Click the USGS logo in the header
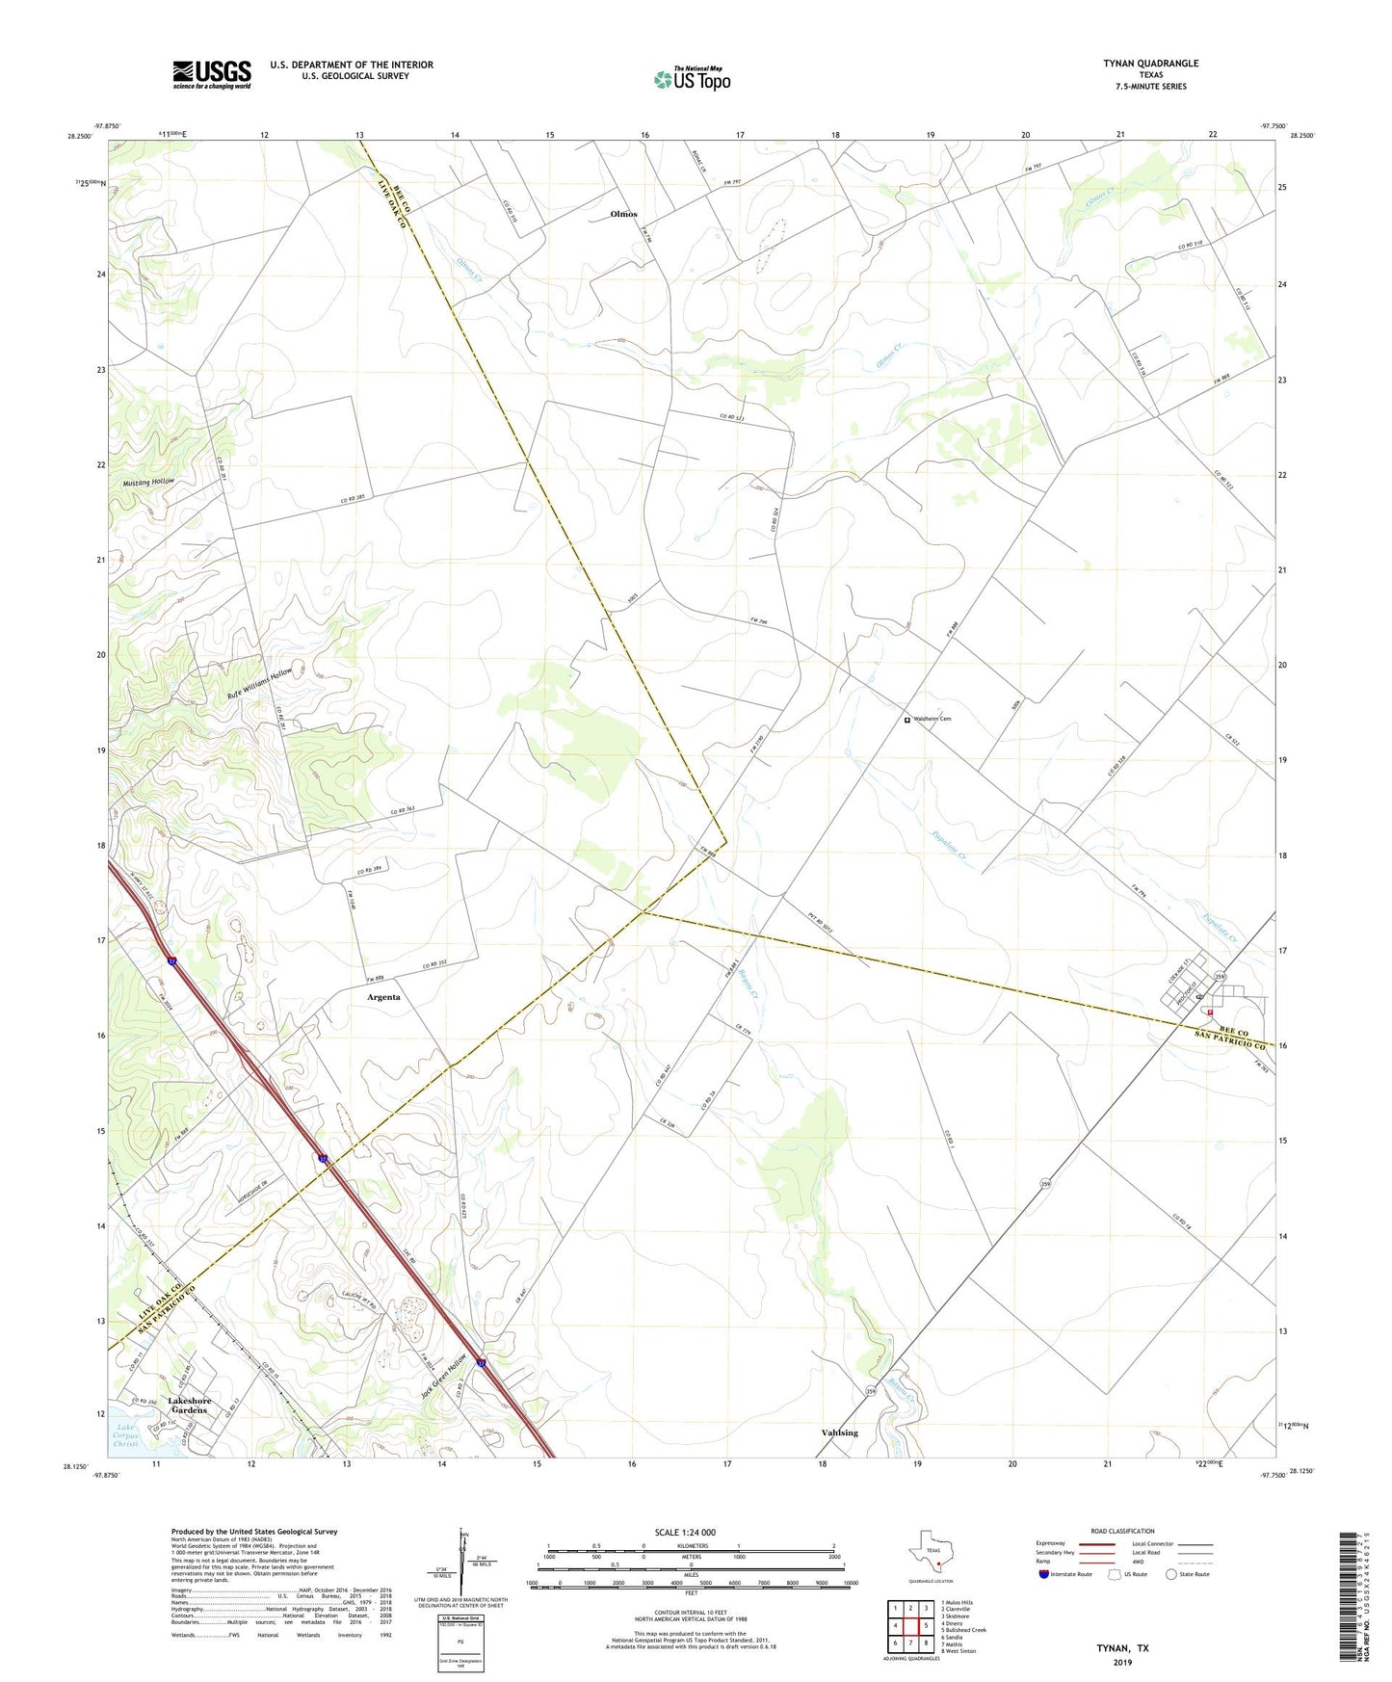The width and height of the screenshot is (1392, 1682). coord(212,74)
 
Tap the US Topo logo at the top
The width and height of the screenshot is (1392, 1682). coord(692,78)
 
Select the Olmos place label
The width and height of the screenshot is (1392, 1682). coord(623,214)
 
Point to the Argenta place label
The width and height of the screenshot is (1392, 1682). coord(383,997)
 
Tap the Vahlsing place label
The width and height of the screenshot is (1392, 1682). coord(839,1432)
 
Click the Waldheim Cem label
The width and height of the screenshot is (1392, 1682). coord(932,719)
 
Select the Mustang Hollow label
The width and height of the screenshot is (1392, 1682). coord(149,481)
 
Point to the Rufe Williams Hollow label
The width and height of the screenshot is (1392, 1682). coord(259,683)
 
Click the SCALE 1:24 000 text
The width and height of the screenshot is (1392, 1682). coord(685,1532)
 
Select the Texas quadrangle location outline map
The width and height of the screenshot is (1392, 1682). coord(929,1557)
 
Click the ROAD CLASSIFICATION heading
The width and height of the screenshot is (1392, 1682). coord(1122,1531)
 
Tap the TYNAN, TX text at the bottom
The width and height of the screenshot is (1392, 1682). coord(1122,1648)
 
